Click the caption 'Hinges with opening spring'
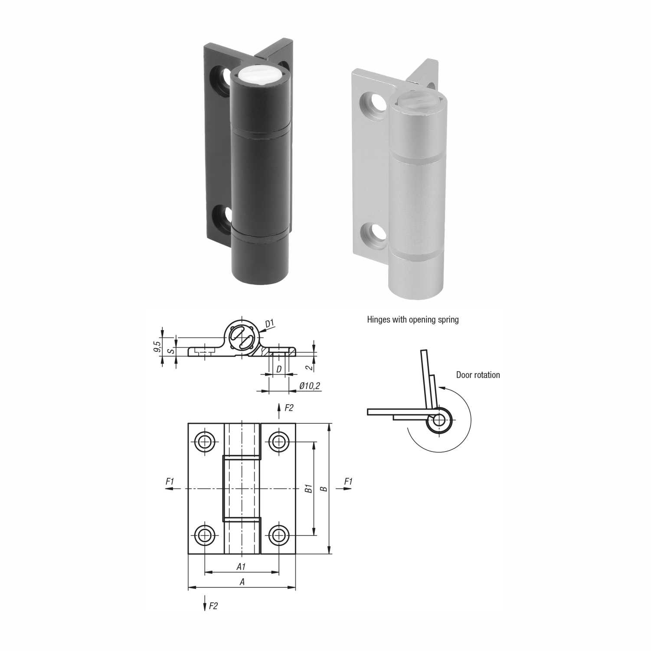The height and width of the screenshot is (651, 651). tap(413, 320)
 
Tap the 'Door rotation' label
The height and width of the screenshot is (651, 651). tap(478, 375)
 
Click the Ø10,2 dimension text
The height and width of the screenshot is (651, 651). tap(310, 386)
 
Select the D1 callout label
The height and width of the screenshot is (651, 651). tap(270, 323)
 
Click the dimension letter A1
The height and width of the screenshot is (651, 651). tap(242, 566)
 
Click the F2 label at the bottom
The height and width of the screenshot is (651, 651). tap(213, 606)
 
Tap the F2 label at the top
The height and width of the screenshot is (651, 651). tap(289, 408)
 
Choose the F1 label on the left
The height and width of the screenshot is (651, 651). tap(170, 481)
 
